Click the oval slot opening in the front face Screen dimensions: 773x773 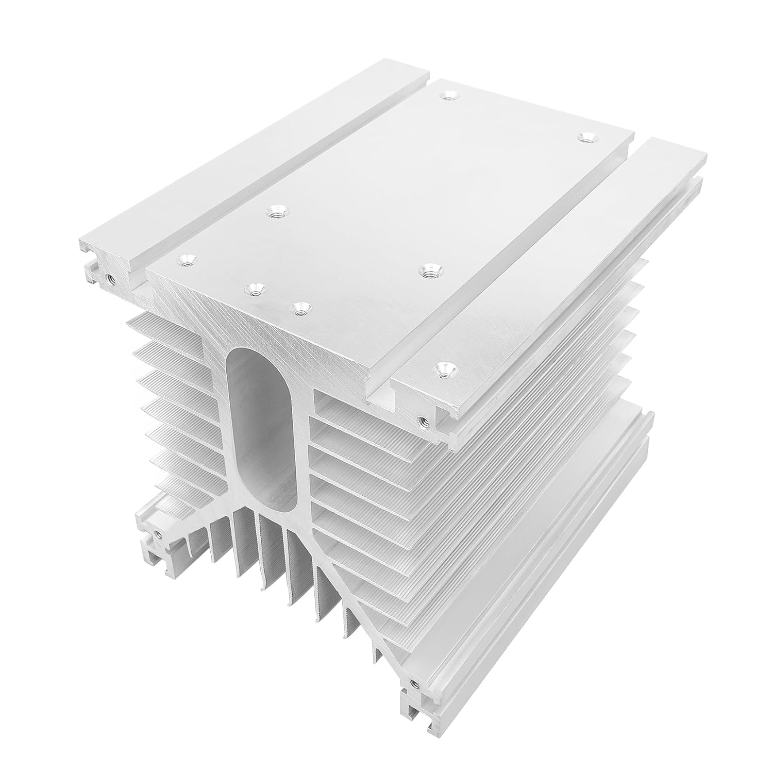262,428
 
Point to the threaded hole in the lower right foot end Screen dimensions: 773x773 412,684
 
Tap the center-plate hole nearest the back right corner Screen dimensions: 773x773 585,138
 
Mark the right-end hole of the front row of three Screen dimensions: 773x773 300,308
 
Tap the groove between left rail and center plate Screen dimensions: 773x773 278,170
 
